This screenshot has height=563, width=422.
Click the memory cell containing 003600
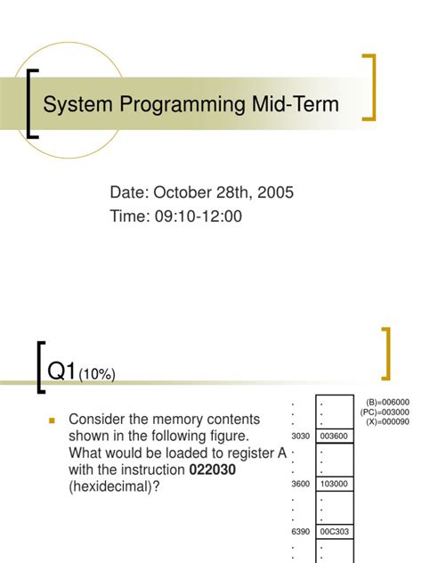pos(333,436)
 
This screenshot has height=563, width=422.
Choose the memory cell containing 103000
pos(333,484)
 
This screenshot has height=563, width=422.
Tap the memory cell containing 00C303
pos(333,532)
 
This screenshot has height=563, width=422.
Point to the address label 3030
pos(300,436)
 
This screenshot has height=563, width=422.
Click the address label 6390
pos(300,532)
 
